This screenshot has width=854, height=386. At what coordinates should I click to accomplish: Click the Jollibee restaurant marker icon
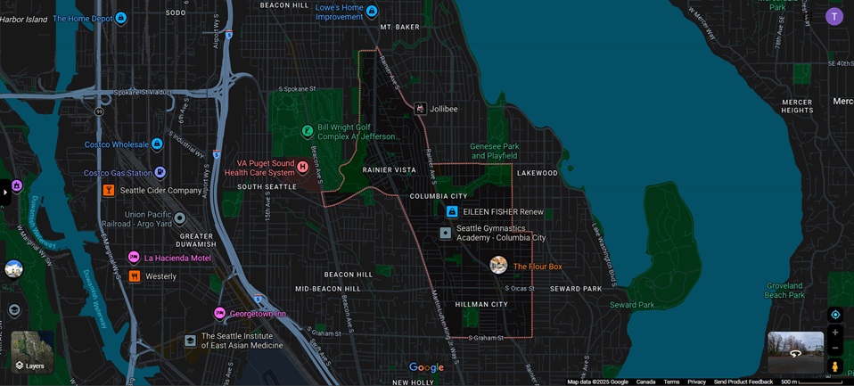420,109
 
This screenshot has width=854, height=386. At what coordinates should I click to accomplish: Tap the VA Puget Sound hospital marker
302,167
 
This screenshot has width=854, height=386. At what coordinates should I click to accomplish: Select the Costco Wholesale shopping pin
157,144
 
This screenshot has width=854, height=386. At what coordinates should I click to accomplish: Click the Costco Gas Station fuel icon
160,173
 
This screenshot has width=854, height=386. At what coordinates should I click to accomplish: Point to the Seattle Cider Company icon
108,190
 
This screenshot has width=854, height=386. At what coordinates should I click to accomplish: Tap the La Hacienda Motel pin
134,258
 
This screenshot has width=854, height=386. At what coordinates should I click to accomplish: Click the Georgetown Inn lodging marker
219,314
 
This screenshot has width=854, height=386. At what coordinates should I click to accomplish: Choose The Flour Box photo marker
498,265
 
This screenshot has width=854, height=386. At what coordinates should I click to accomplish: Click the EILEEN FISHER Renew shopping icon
452,212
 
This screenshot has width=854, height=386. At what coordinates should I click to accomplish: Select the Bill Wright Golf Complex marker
308,131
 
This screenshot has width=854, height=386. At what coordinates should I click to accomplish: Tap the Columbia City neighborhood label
439,196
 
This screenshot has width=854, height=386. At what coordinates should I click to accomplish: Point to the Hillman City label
481,305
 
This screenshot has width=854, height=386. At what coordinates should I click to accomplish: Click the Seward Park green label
632,305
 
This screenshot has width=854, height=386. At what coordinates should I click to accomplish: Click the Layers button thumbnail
32,351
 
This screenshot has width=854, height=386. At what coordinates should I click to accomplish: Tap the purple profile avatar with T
834,16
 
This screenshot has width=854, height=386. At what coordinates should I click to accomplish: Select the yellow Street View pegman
835,366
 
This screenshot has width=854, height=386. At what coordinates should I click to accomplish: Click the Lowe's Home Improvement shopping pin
372,12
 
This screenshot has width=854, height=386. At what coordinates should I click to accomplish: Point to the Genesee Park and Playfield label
495,151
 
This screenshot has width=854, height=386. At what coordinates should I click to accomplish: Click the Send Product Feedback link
743,382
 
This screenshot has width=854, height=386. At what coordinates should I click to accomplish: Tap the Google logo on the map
426,367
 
